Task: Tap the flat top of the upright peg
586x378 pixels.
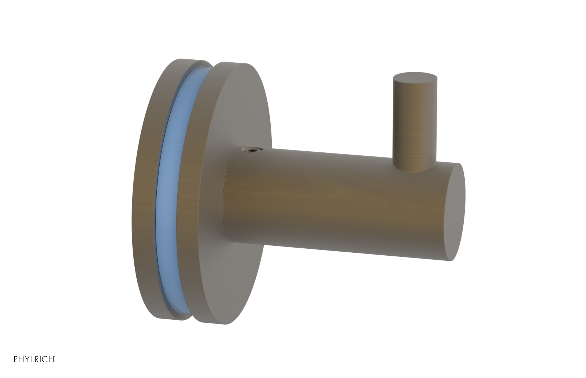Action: [x=415, y=78]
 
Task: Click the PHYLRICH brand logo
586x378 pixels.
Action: [x=34, y=359]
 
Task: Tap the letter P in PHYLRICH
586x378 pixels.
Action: [x=16, y=359]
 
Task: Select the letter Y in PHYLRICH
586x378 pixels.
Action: [x=27, y=359]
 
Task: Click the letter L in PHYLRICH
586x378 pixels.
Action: [x=33, y=359]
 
